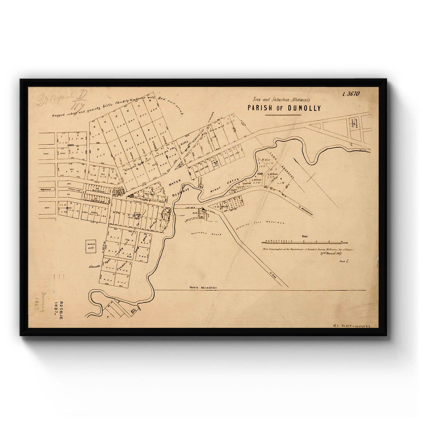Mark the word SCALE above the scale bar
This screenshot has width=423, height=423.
[305, 237]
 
